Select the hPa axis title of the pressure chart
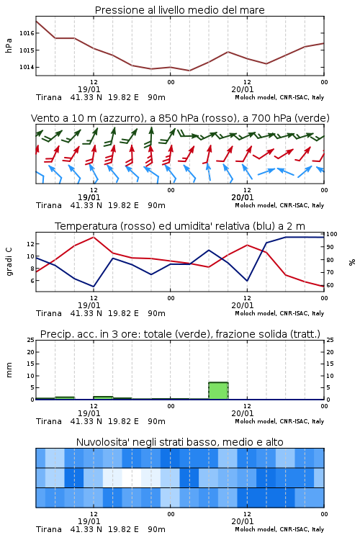[x=9, y=45]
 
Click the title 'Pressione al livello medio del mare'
[x=179, y=10]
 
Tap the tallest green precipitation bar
[x=218, y=391]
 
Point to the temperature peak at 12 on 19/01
[x=94, y=237]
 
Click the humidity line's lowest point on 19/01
[x=94, y=286]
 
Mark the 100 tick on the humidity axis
[x=332, y=234]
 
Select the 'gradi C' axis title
[x=9, y=261]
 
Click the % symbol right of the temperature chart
[x=352, y=262]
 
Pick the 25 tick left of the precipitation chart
[x=31, y=340]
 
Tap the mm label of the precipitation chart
[x=9, y=370]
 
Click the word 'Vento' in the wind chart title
[x=42, y=118]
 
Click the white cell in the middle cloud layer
[x=132, y=477]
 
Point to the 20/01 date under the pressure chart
[x=243, y=89]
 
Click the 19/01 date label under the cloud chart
[x=89, y=521]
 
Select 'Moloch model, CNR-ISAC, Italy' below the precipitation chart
[x=279, y=421]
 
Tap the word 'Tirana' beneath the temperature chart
[x=49, y=313]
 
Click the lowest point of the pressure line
[x=189, y=71]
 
